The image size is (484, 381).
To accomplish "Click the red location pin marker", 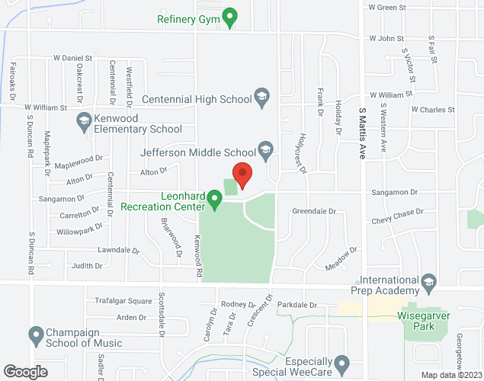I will point(242,174).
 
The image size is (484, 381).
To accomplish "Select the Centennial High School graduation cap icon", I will point(261,98).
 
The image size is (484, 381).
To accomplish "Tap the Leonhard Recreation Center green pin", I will point(215,200).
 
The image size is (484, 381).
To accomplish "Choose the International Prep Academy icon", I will point(428,282).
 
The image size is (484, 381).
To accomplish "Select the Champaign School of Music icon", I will point(35,334).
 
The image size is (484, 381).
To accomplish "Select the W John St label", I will point(385,37).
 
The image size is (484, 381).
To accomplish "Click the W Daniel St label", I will point(72,57).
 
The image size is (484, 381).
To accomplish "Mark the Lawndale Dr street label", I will point(118,251).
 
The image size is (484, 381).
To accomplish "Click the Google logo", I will point(25,371).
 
